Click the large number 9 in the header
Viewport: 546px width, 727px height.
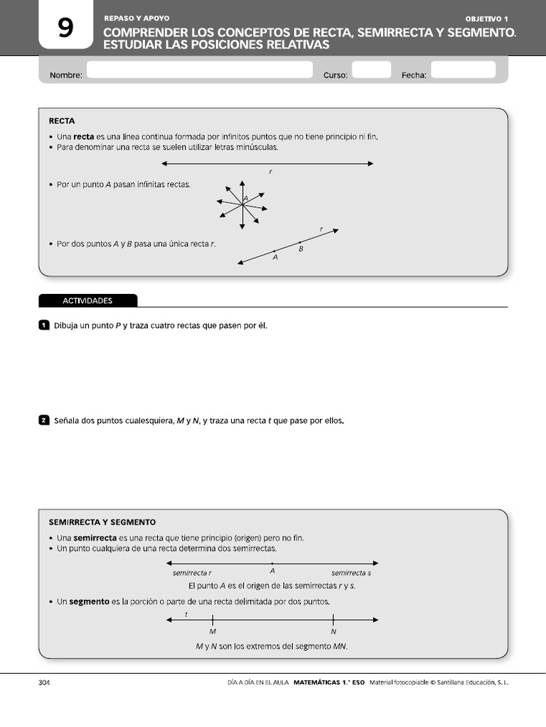coord(65,28)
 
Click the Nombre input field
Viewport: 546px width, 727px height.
coord(199,70)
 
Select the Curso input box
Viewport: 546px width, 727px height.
coord(371,70)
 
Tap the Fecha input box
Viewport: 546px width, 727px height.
coord(463,70)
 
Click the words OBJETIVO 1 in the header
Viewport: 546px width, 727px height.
coord(487,18)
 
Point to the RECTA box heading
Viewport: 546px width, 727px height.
coord(62,121)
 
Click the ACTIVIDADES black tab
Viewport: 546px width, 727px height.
coord(87,300)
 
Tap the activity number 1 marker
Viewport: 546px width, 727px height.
coord(43,325)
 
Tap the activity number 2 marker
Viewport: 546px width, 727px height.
coord(43,420)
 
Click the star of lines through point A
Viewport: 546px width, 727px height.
coord(242,204)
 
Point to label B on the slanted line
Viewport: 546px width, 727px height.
coord(301,249)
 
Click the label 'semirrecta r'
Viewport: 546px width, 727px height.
coord(192,572)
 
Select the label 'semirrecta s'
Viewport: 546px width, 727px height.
coord(351,572)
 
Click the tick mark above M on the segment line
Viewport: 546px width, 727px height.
coord(213,620)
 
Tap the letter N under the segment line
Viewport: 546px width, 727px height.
coord(333,631)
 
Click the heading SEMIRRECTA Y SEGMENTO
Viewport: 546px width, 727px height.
coord(102,522)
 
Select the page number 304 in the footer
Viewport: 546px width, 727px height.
coord(44,682)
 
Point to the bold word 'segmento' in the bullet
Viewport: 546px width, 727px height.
coord(89,601)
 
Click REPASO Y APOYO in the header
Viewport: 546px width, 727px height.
coord(136,18)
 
